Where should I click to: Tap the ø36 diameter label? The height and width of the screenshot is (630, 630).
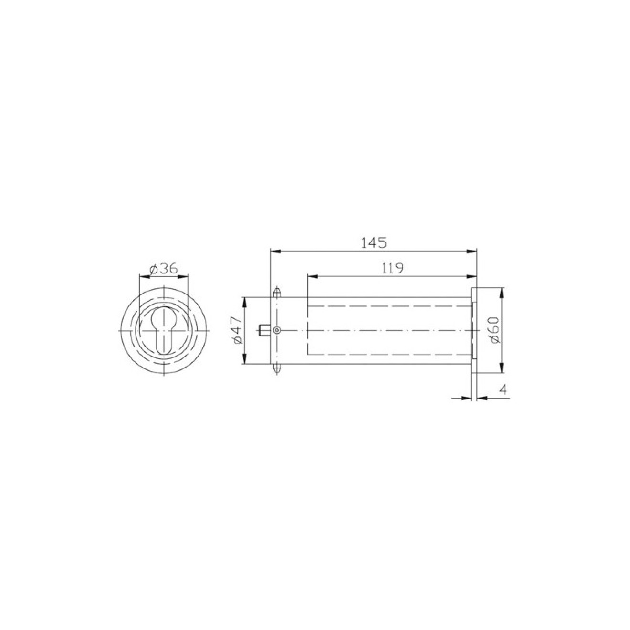click(163, 269)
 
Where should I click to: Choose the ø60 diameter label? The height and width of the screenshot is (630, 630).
click(495, 330)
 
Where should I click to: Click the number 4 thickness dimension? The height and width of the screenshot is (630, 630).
click(502, 389)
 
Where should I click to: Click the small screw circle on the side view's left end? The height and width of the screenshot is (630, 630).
click(277, 330)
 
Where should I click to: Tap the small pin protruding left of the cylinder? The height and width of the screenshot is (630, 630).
click(264, 330)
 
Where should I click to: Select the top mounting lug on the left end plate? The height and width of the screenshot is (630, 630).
click(276, 292)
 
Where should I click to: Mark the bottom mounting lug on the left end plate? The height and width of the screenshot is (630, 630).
click(276, 369)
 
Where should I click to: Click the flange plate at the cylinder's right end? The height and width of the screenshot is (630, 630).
click(474, 330)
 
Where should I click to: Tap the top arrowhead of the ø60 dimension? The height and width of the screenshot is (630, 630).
click(501, 292)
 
